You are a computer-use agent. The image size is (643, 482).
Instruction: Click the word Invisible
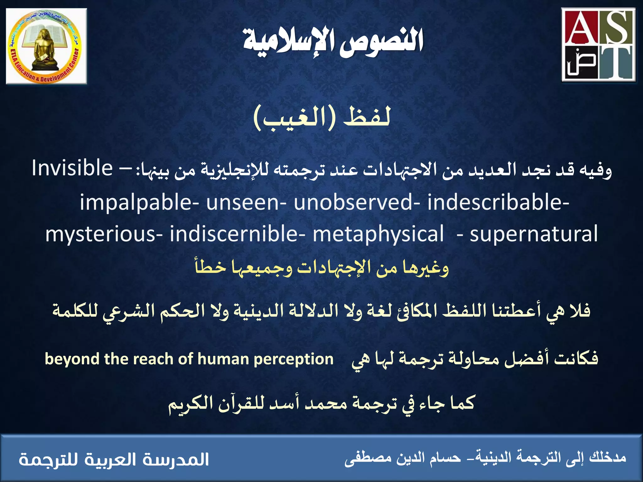[x=72, y=168]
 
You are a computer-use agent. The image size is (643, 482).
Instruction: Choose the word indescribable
[x=496, y=202]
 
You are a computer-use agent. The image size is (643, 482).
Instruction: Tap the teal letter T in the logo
[x=616, y=63]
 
